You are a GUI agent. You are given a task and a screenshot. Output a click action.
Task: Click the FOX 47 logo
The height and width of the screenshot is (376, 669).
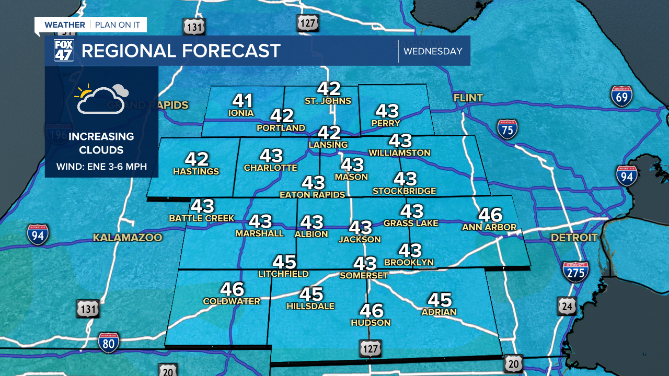(x=64, y=51)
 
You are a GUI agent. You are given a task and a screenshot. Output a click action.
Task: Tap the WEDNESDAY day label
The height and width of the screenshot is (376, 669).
(x=433, y=51)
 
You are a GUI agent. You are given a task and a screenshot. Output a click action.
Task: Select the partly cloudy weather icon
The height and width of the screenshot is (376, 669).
(x=102, y=98)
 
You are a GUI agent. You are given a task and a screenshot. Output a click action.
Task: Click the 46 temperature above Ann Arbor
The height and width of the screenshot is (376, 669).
(x=490, y=215)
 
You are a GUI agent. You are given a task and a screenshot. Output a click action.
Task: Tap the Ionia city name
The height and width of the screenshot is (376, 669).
(x=241, y=113)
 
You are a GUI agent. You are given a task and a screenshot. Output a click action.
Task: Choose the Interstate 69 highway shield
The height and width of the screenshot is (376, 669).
(x=621, y=97)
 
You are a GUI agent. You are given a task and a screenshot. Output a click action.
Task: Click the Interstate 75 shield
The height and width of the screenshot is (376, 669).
(x=507, y=128)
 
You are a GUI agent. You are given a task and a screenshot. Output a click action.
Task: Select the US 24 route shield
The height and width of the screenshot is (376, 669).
(x=567, y=306)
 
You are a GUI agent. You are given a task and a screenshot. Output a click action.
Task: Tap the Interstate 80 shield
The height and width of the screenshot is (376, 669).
(x=109, y=342)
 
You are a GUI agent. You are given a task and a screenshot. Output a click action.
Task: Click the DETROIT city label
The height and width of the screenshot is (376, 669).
(x=574, y=238)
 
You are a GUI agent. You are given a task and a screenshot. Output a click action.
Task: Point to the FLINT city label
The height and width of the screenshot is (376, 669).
(x=468, y=98)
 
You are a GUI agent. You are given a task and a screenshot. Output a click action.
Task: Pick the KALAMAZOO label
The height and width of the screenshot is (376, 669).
(x=128, y=238)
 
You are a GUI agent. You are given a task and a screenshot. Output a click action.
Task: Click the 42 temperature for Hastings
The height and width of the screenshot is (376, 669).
(x=197, y=159)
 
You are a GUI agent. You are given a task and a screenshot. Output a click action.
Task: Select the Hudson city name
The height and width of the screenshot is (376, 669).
(x=371, y=323)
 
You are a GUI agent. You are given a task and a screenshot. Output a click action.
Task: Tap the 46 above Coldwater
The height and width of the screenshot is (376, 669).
(x=232, y=289)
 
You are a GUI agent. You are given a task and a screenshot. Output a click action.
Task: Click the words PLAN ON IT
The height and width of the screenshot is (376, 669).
(x=118, y=25)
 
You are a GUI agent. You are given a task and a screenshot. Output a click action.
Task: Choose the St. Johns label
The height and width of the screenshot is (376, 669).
(x=328, y=101)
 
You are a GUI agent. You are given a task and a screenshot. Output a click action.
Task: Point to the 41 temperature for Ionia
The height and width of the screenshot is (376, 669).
(x=243, y=100)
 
